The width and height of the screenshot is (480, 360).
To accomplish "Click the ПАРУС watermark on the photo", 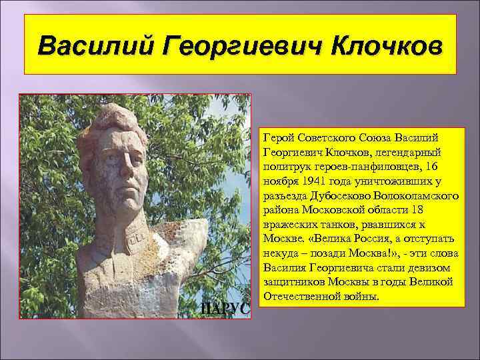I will (225, 308).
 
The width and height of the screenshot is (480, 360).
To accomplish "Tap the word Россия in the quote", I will (365, 243).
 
